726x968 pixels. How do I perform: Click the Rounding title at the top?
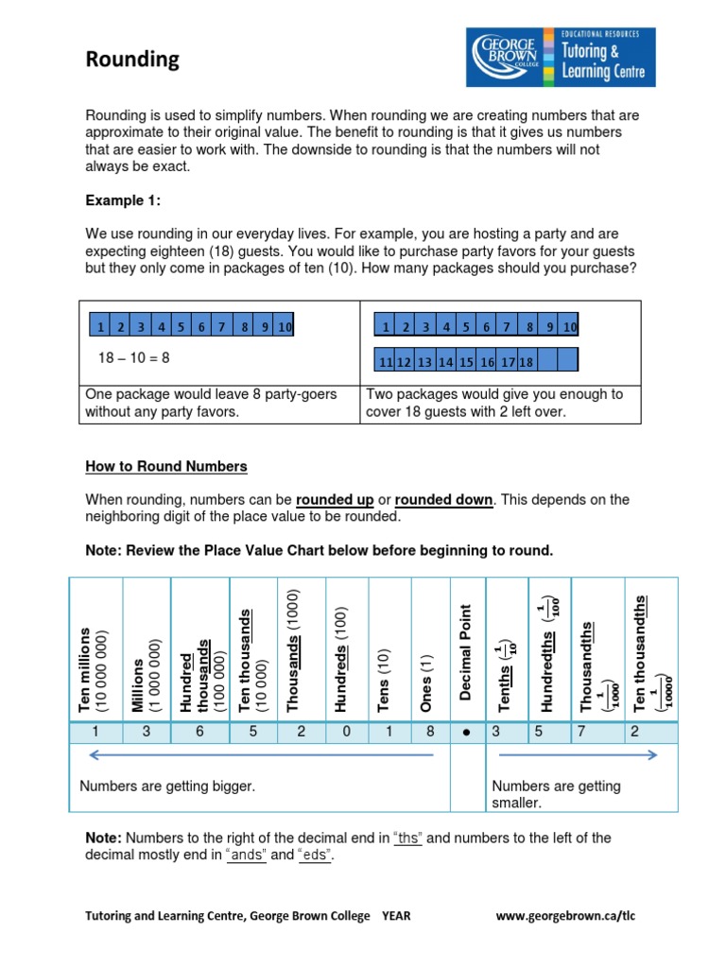click(132, 60)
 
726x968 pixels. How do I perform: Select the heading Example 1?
click(124, 199)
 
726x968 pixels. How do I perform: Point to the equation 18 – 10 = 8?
click(133, 358)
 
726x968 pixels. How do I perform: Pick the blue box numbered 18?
click(527, 361)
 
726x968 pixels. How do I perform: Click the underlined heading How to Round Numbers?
click(166, 466)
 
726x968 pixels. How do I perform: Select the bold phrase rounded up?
click(335, 500)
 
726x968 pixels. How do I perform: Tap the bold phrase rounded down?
click(443, 500)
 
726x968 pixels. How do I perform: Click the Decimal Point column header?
click(466, 652)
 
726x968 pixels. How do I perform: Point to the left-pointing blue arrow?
click(259, 755)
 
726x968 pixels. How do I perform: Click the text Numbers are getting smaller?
click(557, 794)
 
